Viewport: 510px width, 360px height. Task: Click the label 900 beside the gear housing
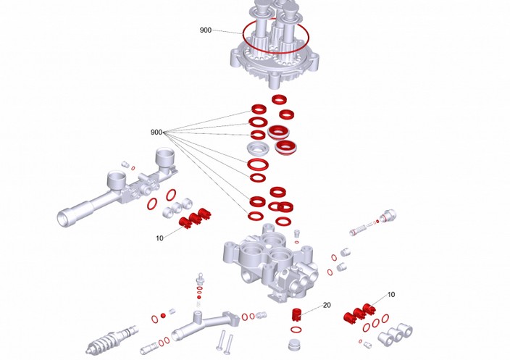206,30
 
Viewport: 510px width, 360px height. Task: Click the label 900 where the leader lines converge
156,133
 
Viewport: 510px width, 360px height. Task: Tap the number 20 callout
327,305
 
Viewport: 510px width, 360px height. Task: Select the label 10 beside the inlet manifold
159,238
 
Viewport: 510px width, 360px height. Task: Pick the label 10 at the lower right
391,295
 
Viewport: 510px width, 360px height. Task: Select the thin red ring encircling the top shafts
276,35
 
